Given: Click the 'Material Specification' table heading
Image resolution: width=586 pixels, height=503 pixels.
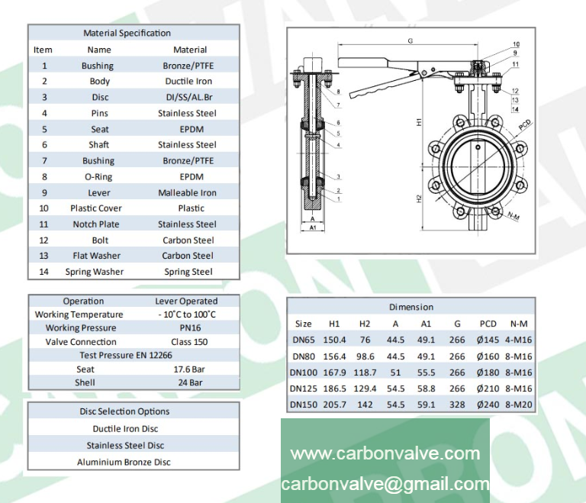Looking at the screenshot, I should pos(127,33).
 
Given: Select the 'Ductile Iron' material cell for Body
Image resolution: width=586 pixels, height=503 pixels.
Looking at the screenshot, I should pos(188,81).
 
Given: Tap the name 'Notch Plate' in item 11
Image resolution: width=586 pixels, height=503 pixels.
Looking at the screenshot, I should pos(97,224).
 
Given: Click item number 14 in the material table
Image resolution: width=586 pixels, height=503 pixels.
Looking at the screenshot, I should pos(43,272).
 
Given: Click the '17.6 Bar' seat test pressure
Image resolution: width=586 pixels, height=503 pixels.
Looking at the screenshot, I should pos(188,369).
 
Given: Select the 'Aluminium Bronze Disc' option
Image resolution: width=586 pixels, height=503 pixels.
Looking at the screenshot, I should pos(124,462).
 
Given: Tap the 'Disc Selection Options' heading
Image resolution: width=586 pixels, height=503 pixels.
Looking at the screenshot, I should pos(124,411).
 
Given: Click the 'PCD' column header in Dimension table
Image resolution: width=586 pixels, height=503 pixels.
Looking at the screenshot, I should pos(488,324).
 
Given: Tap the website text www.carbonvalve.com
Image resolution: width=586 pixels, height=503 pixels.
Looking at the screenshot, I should pos(385,453).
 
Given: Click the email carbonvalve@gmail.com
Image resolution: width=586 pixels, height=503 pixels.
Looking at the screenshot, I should pos(385,484).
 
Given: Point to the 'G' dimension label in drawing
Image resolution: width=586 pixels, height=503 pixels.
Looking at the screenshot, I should pos(411,40).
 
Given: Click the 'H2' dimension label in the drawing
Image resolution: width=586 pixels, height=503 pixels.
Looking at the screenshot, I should pos(420,198).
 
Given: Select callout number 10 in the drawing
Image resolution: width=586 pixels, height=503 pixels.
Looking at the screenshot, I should pos(516,44).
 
